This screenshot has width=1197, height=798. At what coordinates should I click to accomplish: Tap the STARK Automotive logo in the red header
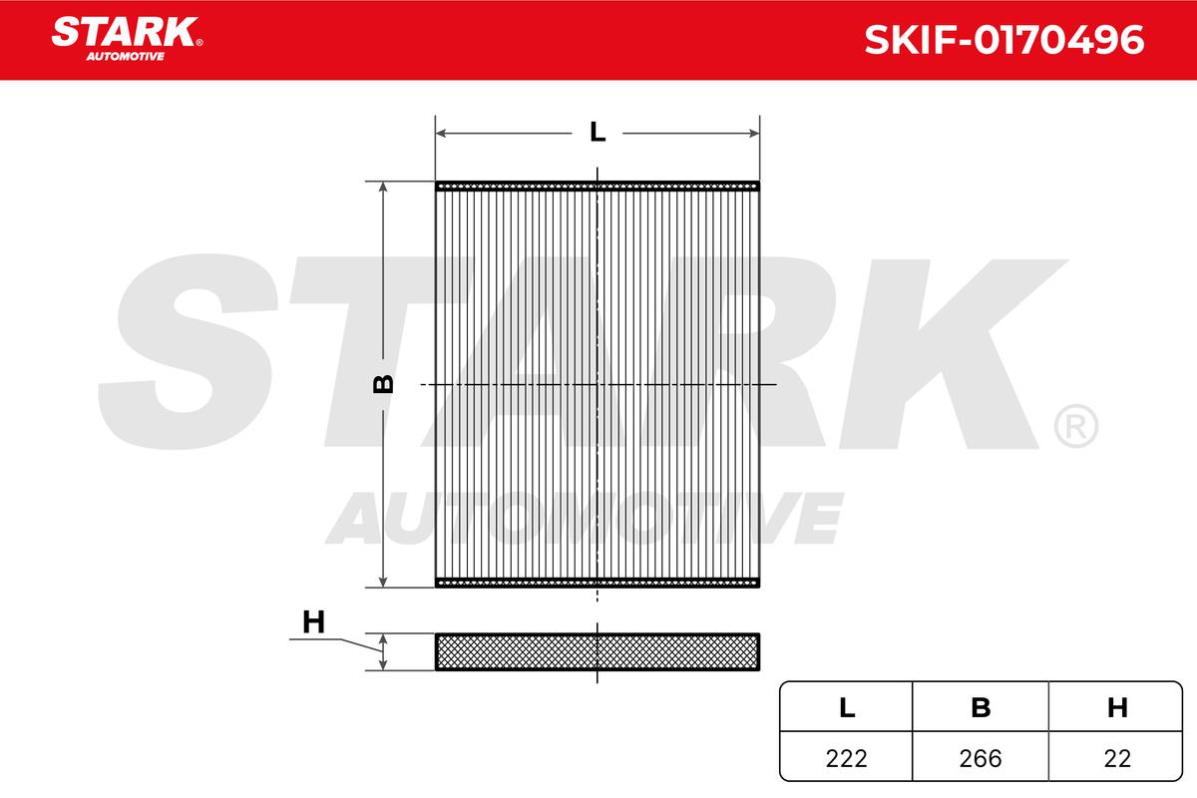tap(126, 38)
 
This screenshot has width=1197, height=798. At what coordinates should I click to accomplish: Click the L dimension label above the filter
tap(597, 132)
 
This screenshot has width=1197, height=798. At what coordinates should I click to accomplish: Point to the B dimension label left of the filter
tap(383, 384)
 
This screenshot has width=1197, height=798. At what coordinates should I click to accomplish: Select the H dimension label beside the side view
tap(313, 623)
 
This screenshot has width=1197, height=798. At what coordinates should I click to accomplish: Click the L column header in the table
tap(846, 707)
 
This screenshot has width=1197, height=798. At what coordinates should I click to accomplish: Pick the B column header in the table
tap(982, 707)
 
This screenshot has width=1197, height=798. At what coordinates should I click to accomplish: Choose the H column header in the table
tap(1117, 707)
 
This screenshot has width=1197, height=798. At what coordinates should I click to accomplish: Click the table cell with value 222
tap(846, 758)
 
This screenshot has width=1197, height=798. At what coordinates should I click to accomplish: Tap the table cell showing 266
tap(982, 758)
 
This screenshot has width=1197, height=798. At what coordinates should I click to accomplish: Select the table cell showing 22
tap(1117, 758)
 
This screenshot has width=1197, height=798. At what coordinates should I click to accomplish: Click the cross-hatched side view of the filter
tap(597, 651)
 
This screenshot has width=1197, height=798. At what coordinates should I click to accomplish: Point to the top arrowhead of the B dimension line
tap(383, 190)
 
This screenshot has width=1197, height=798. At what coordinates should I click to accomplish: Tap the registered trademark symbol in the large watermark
tap(1075, 426)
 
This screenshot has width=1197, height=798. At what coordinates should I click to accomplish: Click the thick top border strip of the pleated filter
tap(597, 186)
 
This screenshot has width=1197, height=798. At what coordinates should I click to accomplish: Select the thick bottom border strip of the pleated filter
tap(597, 584)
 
